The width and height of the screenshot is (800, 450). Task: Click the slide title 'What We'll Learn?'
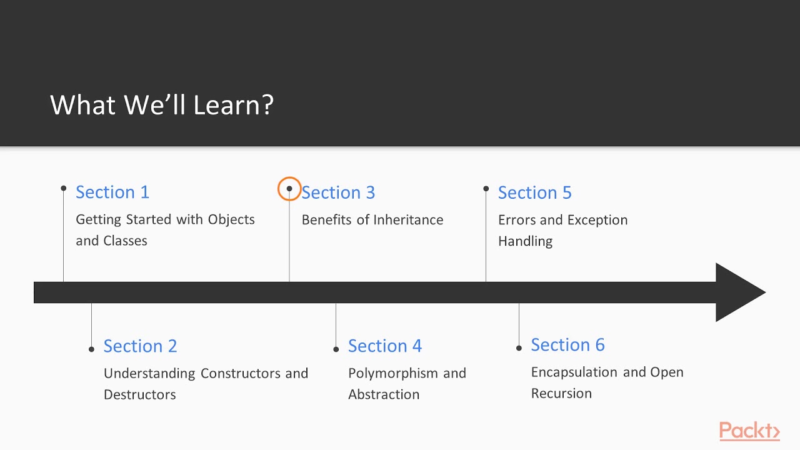coord(162,105)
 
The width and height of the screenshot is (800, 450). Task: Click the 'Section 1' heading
coord(112,192)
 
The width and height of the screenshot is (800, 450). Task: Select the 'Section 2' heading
coord(140,346)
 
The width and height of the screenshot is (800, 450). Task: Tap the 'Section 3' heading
coord(338,192)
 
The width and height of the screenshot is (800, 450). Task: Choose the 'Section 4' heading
coord(384,346)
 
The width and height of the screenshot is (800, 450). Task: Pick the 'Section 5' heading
coord(534,192)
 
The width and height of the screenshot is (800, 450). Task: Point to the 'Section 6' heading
coord(567,344)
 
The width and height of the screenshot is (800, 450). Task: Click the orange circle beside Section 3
coord(289,189)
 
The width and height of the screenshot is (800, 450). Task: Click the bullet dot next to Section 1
coord(64,188)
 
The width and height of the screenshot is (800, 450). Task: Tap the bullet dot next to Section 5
coord(486,188)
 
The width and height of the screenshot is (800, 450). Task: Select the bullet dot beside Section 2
coord(91,349)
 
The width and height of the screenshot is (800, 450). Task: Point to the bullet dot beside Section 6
coord(519,347)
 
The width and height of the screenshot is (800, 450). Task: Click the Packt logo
coord(749,431)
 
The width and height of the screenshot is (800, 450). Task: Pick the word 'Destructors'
coord(139,394)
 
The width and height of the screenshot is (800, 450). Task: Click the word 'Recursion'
coord(561,393)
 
